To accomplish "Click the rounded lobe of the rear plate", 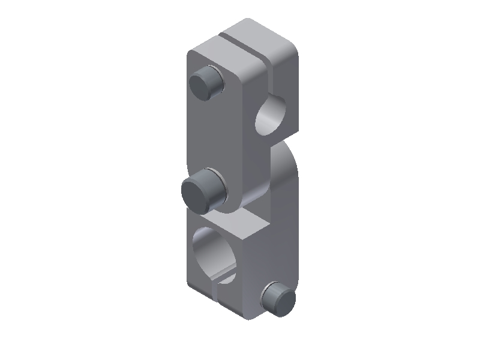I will coord(286,174).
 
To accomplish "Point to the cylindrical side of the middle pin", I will coord(214,183).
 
